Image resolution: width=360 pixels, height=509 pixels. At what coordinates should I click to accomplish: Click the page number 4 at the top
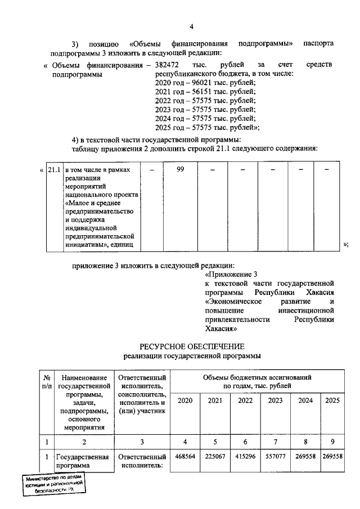click(191, 26)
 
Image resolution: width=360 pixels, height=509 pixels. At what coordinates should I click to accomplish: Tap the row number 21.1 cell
click(54, 169)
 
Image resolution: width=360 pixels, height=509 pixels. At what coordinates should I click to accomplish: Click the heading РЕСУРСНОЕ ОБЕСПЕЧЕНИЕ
click(192, 345)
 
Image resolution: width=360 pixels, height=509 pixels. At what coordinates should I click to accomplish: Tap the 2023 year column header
click(276, 400)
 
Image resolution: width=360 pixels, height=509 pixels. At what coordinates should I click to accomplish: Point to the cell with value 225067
click(215, 457)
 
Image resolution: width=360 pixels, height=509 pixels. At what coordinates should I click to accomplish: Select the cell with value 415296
click(245, 457)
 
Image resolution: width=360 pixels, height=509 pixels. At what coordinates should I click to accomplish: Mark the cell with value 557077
click(276, 457)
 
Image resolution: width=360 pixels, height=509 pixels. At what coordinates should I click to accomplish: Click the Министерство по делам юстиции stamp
click(54, 484)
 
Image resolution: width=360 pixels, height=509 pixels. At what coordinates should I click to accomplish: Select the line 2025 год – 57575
click(206, 128)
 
